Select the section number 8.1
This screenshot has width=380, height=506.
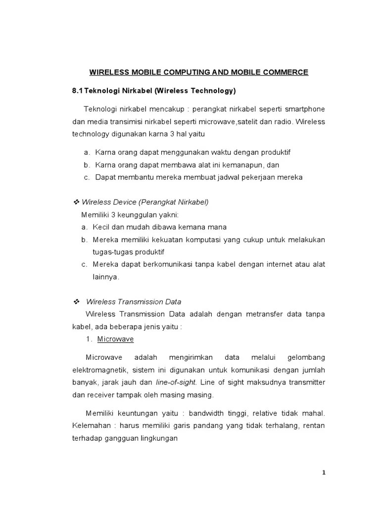(78, 91)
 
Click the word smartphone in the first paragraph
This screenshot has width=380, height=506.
(304, 109)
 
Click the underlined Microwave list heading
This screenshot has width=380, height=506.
(115, 339)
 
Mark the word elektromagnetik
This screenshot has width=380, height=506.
(99, 370)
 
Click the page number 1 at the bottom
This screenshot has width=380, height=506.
(324, 473)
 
